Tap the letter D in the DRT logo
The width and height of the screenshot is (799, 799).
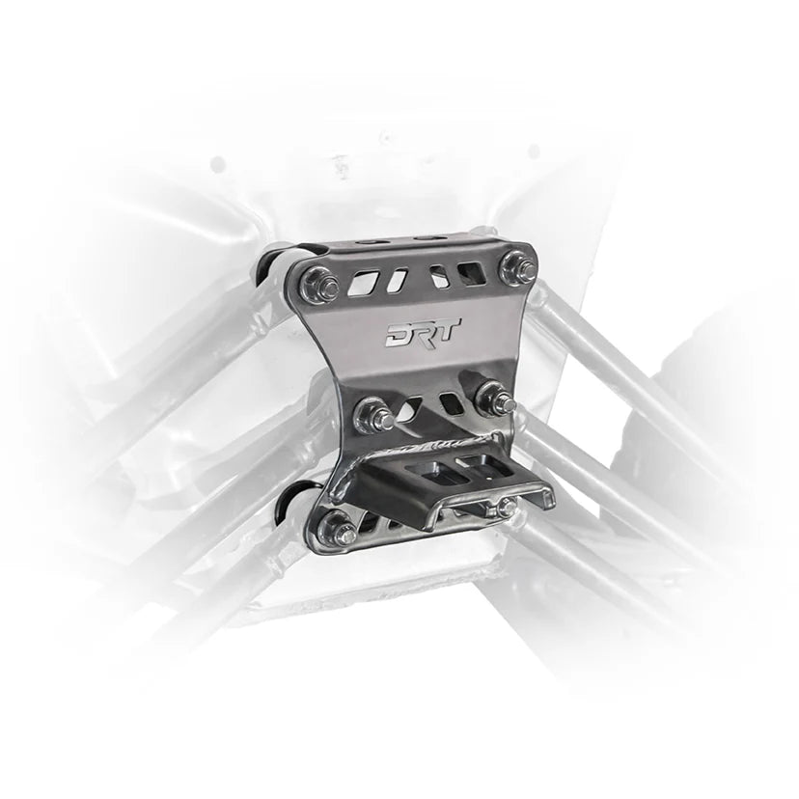(398, 335)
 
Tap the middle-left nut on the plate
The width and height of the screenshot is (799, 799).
(372, 416)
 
